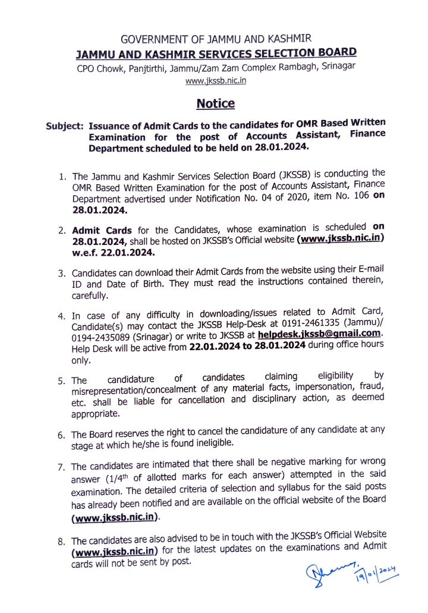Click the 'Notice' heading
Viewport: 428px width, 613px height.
pyautogui.click(x=215, y=103)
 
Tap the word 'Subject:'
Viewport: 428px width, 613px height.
pyautogui.click(x=65, y=127)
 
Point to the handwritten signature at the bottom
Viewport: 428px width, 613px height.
pyautogui.click(x=332, y=574)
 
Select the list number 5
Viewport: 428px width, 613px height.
pyautogui.click(x=62, y=381)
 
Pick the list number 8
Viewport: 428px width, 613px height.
pyautogui.click(x=61, y=542)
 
